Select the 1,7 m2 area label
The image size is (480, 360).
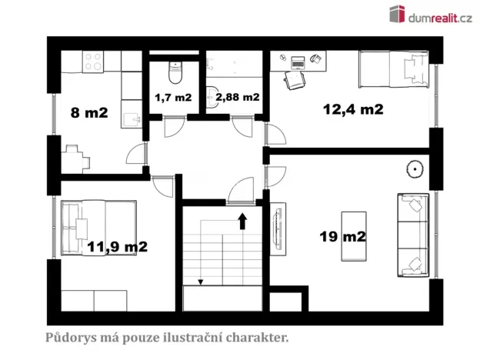[x=173, y=98]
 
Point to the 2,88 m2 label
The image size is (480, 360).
[x=238, y=98]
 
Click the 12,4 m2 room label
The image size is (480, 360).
[x=352, y=110]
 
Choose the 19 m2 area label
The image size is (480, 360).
[x=342, y=236]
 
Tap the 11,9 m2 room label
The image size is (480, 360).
[x=117, y=247]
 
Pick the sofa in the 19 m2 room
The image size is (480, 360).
[x=413, y=235]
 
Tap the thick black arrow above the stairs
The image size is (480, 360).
[x=242, y=222]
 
